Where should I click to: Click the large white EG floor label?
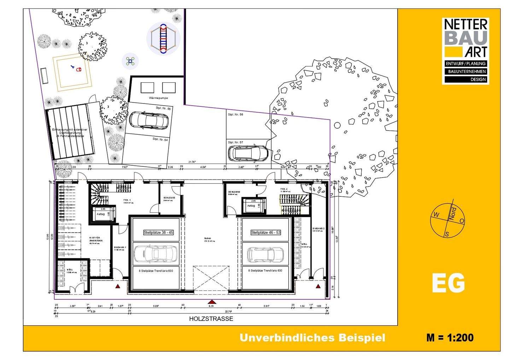[448, 283]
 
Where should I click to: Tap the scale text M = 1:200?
[450, 337]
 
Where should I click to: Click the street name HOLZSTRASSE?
[211, 319]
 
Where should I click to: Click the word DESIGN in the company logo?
[478, 79]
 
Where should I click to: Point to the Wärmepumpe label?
[158, 98]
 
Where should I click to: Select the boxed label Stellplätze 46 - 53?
[266, 232]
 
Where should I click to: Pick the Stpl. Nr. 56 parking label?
[235, 115]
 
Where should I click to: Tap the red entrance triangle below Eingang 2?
[318, 287]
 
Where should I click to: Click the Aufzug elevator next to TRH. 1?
[101, 214]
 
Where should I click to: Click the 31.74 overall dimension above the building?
[192, 162]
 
